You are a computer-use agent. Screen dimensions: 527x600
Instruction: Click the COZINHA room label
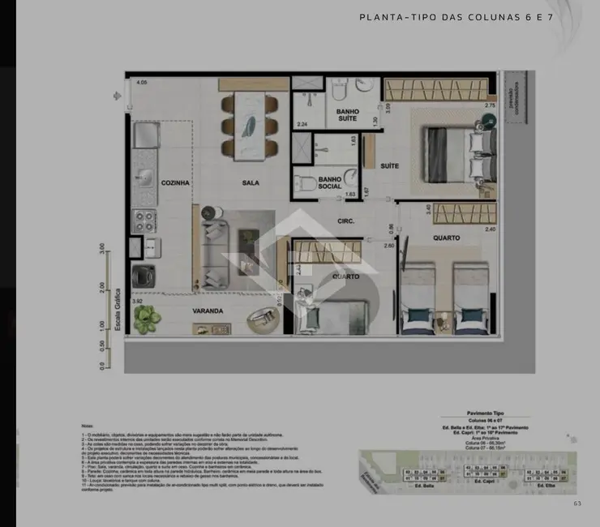point(175,183)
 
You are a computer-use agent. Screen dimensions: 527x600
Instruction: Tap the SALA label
point(251,183)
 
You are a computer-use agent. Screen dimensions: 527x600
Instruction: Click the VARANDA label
point(208,311)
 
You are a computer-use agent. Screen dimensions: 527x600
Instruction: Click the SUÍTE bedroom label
point(390,166)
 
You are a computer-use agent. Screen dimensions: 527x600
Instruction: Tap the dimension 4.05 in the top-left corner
point(142,83)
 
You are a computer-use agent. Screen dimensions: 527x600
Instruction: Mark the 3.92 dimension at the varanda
point(137,302)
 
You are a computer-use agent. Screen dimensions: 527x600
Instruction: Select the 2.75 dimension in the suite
point(490,106)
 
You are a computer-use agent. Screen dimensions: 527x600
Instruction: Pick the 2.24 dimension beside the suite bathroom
point(302,124)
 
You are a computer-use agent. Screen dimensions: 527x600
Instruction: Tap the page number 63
point(576,503)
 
